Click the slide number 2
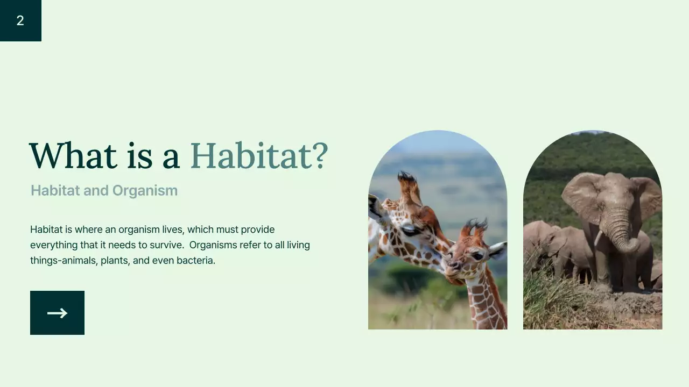(20, 21)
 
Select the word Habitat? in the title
(259, 156)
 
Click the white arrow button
(57, 313)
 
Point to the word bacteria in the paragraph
(196, 261)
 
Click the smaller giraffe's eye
(477, 256)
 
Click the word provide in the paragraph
(257, 230)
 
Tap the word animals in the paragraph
(80, 261)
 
